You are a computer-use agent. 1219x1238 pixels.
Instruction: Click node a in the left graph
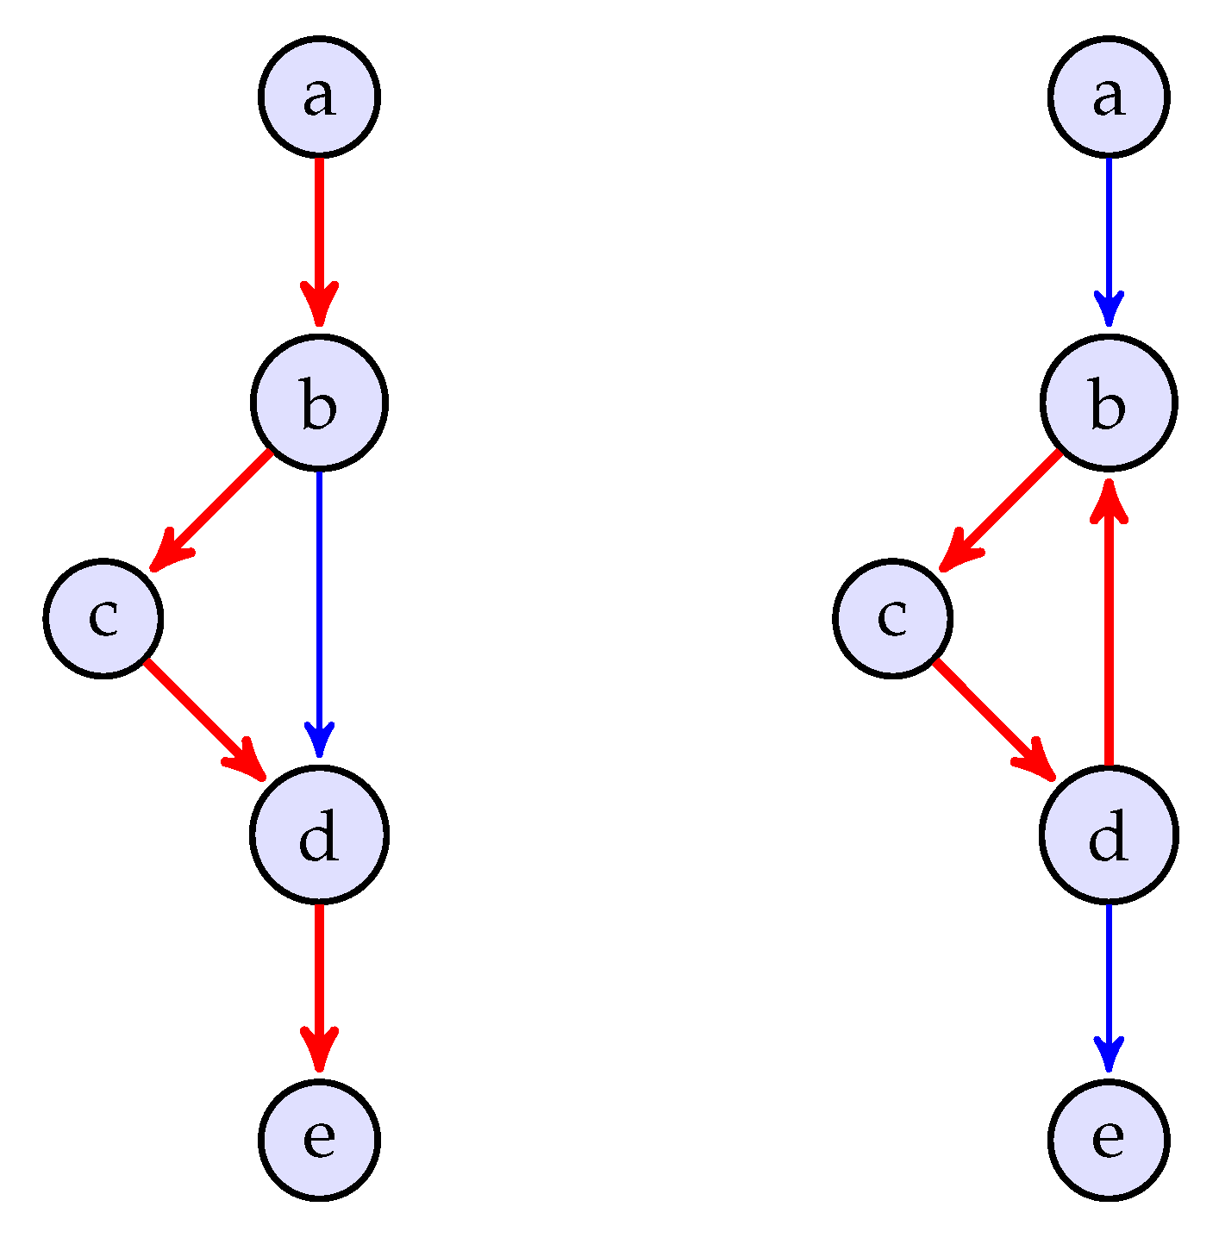319,97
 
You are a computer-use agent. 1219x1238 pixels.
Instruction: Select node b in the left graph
319,403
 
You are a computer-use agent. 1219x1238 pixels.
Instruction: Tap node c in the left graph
103,618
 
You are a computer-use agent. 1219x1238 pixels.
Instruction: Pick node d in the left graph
319,835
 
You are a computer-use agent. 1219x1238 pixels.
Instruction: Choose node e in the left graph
319,1139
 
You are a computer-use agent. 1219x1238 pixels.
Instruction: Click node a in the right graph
1109,97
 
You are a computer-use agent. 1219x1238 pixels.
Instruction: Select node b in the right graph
1109,403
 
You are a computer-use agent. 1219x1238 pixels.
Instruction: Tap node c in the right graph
893,618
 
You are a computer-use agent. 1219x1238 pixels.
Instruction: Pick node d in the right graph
1109,835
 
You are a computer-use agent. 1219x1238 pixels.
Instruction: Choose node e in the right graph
1109,1139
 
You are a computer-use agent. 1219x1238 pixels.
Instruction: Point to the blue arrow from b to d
319,612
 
